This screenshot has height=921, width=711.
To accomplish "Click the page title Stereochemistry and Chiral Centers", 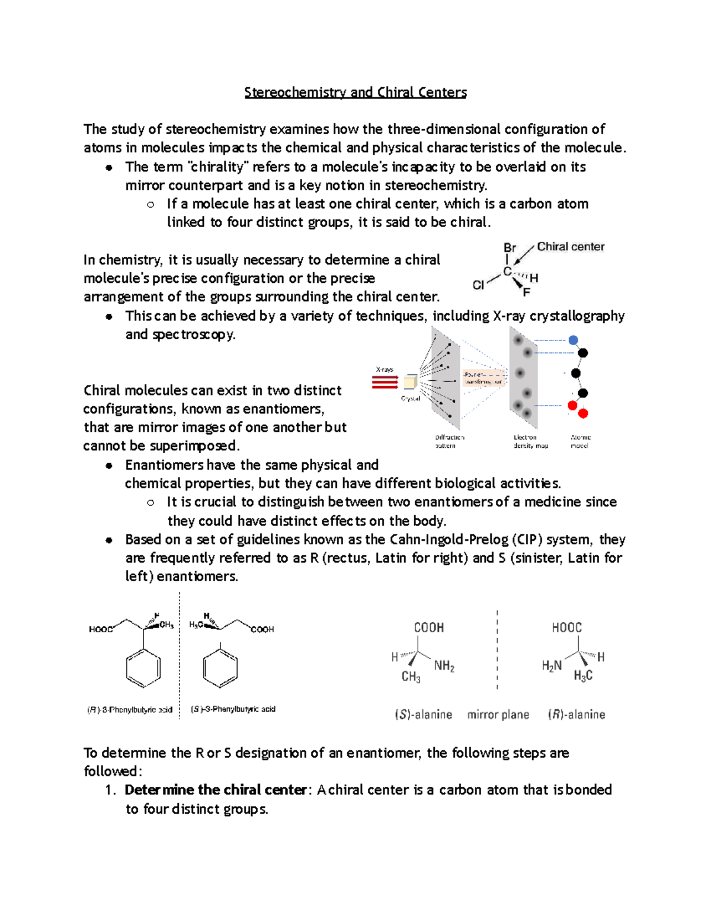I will pos(355,93).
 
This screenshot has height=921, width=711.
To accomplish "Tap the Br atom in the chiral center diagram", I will pos(510,248).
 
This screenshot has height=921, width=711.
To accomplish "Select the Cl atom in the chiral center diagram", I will pos(478,285).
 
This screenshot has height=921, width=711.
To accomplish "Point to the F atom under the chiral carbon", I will pos(526,292).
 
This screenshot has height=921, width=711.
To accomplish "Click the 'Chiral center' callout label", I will pos(571,247).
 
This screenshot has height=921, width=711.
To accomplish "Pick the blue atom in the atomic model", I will pos(573,340).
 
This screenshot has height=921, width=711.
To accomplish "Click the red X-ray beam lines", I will pos(385,383).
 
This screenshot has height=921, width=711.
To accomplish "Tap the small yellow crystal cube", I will pos(410,381).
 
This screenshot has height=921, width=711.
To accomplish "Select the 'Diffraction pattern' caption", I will pos(449,441).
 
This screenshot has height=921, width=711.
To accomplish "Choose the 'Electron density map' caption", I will pos(530,441).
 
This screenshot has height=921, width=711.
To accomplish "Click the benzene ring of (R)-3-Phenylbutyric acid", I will pos(143,668).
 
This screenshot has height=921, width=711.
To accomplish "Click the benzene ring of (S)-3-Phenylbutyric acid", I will pos(220,668).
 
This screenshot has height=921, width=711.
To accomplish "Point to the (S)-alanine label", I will pos(424,715).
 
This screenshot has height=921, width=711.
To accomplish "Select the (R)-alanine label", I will pos(577,715).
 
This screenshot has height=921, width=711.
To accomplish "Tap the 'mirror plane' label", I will pos(498,715).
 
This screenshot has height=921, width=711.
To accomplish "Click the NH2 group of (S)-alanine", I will pos(444,666).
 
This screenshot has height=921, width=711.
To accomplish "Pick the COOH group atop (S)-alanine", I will pos(428,627).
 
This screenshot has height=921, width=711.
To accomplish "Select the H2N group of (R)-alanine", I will pos(552,666).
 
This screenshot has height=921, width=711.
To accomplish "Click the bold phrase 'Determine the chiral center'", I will pos(216,790).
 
